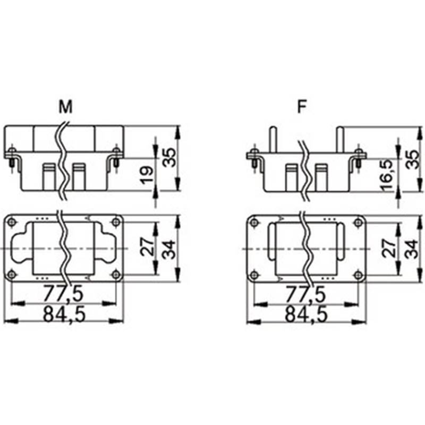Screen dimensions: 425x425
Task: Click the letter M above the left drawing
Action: point(65,107)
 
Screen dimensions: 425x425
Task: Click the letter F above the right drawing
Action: point(302,107)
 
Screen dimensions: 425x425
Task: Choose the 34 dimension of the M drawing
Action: point(169,248)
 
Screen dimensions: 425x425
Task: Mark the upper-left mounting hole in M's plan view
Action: point(12,222)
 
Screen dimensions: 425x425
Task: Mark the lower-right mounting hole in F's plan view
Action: point(359,275)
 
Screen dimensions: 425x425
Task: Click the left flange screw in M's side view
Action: point(12,156)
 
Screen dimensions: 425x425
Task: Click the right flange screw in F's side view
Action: point(360,156)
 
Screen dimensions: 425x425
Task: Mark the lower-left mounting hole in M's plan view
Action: point(12,274)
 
